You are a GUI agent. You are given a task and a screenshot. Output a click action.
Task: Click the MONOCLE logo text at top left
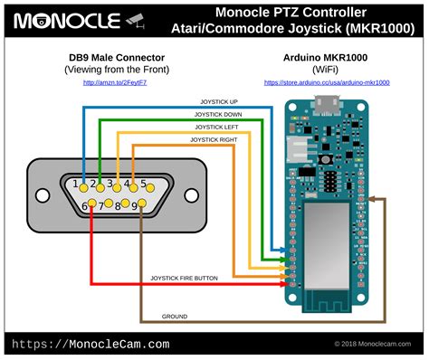68,19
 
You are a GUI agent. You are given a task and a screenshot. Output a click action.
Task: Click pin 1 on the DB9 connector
83,186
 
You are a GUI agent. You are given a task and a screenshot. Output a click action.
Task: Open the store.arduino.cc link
327,82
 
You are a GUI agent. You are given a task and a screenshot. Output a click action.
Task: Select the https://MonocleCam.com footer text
91,344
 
